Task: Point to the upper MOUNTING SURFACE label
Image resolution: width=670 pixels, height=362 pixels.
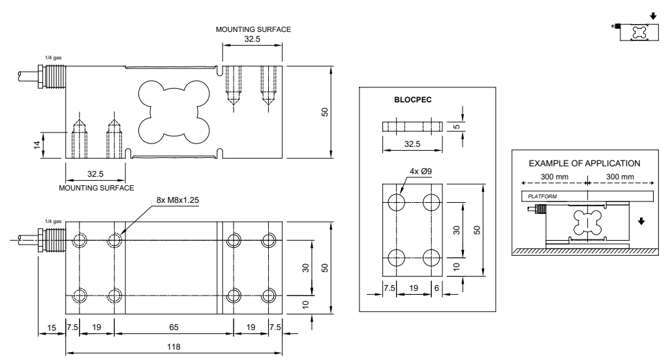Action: pyautogui.click(x=255, y=29)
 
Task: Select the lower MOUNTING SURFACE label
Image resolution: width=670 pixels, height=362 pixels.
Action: pyautogui.click(x=97, y=187)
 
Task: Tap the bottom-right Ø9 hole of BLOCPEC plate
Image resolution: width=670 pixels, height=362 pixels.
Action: pyautogui.click(x=430, y=255)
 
